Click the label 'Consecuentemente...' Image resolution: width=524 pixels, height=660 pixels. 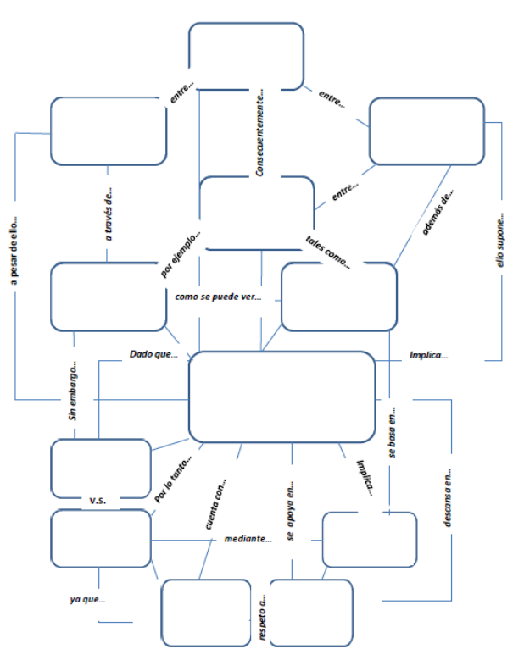(263, 135)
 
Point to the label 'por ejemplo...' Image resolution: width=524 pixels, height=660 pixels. (181, 253)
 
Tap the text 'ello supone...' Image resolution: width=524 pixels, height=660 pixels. (500, 241)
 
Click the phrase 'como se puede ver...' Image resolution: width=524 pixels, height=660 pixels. (218, 297)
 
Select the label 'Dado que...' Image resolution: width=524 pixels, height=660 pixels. (153, 354)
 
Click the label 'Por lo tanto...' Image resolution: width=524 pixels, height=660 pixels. (174, 480)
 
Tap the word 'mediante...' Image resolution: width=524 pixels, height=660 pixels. (248, 538)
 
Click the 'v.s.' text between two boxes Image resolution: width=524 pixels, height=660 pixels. (98, 501)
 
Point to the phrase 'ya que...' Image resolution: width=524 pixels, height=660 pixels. (88, 600)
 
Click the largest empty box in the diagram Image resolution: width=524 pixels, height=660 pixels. (282, 397)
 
